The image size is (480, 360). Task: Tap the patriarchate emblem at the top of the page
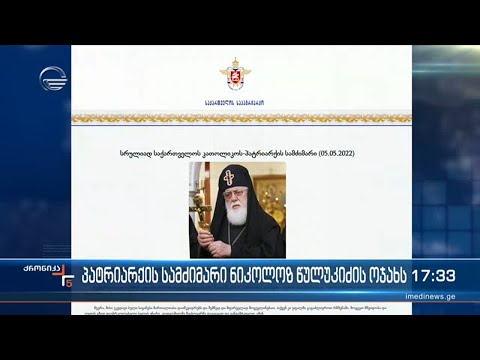(236, 73)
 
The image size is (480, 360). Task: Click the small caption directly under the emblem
(236, 101)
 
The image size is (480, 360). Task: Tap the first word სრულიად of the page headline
(135, 153)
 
